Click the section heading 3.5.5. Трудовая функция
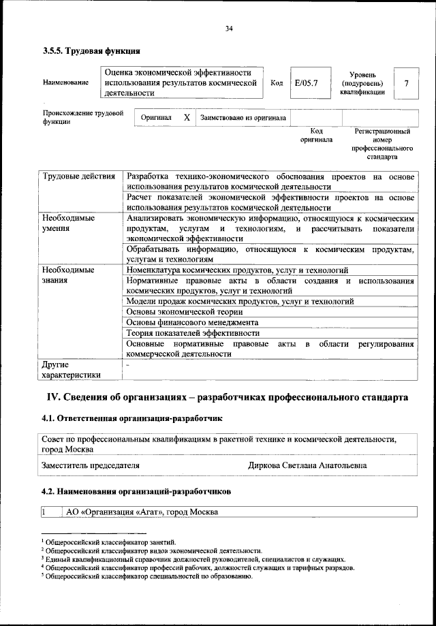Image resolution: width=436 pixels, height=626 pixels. (91, 51)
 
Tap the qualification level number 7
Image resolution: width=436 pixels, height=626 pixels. (407, 83)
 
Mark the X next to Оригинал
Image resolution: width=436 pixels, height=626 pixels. (187, 117)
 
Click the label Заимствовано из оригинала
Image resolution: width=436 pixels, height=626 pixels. (243, 117)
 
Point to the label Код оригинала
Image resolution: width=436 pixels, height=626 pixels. (316, 135)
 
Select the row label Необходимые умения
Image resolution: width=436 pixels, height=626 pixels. (68, 223)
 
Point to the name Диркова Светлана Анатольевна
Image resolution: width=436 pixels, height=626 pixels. (307, 465)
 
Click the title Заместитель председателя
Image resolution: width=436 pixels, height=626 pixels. (91, 465)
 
